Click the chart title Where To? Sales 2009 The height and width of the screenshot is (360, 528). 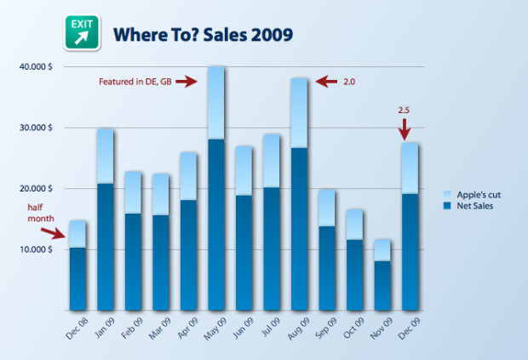click(204, 35)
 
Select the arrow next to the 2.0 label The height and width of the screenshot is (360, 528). click(326, 82)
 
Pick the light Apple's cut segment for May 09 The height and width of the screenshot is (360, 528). click(216, 102)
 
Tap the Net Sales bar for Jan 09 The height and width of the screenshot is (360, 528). click(106, 247)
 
